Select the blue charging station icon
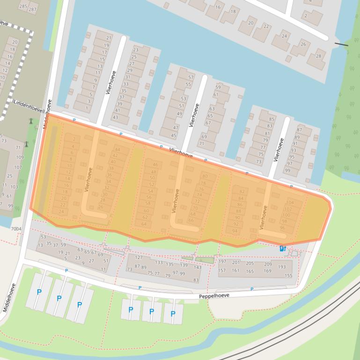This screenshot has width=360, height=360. coord(282,249)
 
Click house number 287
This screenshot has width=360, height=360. coord(32,9)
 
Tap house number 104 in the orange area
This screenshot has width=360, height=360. coord(290,202)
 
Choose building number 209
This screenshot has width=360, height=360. coord(268,264)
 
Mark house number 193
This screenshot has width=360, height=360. coord(282,267)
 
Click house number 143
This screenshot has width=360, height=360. coord(198,267)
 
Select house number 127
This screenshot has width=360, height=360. coord(139,258)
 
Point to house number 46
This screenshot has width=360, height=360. coord(155,165)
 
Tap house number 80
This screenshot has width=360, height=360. coord(205,176)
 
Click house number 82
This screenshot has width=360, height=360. coord(242,192)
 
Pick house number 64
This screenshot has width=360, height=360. coord(144,224)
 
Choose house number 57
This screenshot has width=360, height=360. coord(191,78)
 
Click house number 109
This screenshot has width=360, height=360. coord(20,157)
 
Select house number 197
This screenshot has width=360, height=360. coord(222,262)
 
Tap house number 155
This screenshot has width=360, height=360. coord(288,275)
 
